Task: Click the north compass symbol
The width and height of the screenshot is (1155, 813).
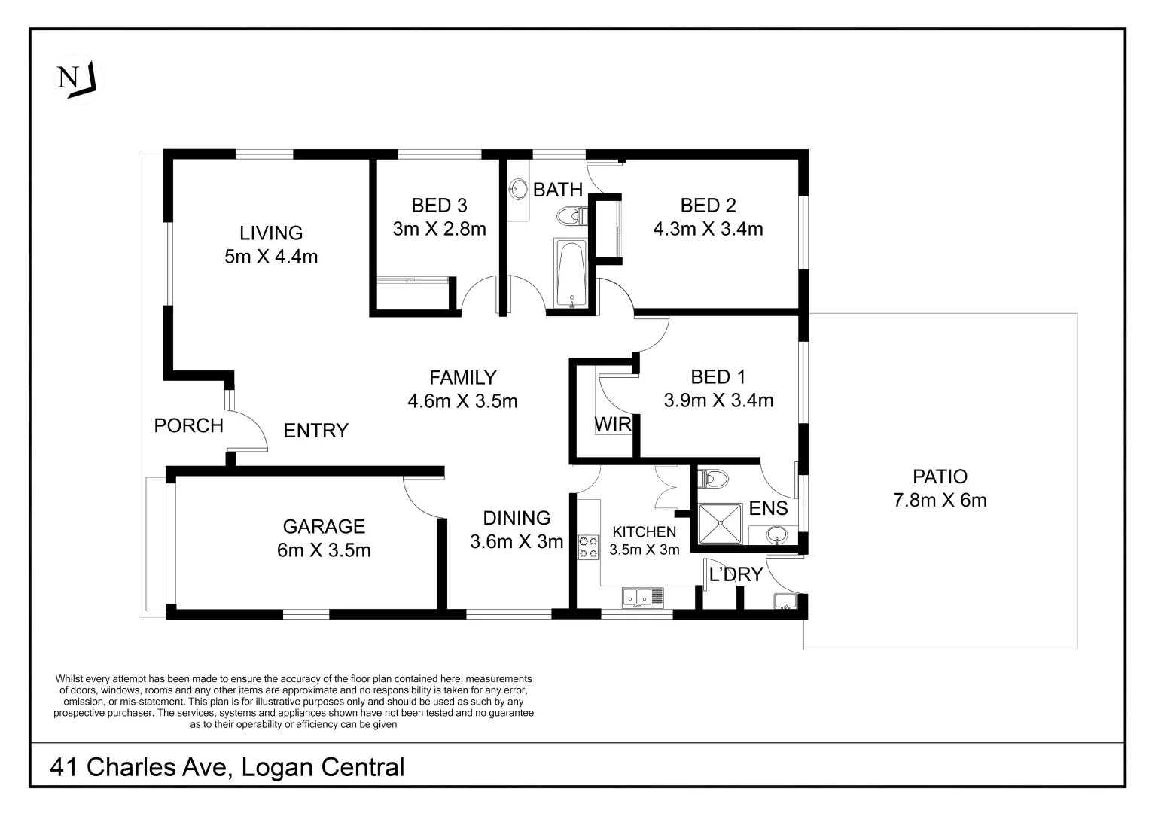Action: click(x=77, y=78)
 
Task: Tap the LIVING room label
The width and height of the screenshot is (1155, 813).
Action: click(x=271, y=233)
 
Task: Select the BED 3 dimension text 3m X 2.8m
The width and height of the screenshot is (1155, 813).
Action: click(x=439, y=229)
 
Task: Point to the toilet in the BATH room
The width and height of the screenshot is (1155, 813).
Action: click(x=571, y=218)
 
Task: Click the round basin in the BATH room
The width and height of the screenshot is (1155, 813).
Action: click(x=518, y=189)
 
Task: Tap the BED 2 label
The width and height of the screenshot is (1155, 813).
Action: click(x=708, y=205)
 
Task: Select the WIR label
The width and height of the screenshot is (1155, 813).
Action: click(x=612, y=425)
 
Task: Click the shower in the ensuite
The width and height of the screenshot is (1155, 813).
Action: click(x=721, y=522)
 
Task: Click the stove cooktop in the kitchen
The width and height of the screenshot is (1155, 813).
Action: click(x=588, y=547)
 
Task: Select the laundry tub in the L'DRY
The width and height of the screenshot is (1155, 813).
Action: click(x=785, y=601)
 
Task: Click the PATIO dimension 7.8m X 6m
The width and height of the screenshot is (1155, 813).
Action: click(x=940, y=500)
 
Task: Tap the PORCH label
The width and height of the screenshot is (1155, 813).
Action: click(x=188, y=425)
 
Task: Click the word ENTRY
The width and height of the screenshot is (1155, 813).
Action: click(x=315, y=431)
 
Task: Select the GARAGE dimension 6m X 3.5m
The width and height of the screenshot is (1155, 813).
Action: click(x=324, y=550)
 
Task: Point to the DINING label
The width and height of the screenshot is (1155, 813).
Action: click(x=516, y=518)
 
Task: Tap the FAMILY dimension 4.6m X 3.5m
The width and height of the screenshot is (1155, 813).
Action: click(x=462, y=401)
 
